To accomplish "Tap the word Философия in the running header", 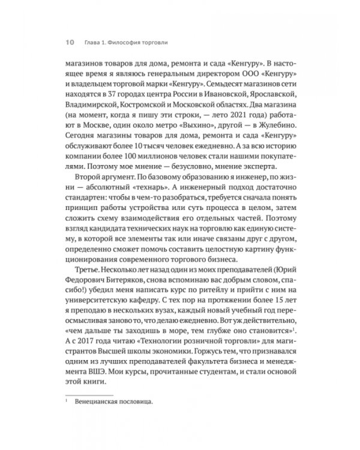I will [132, 43].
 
